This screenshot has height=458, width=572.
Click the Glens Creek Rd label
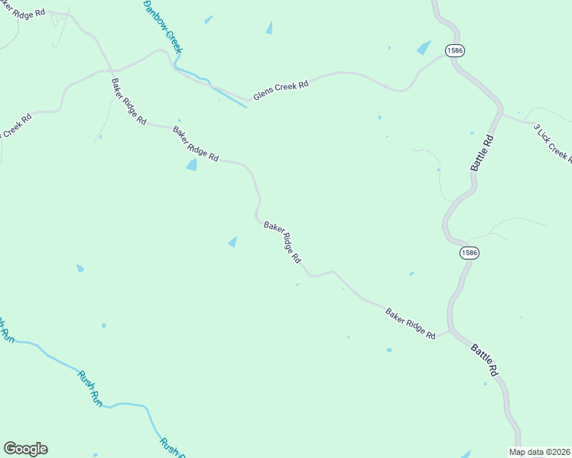coord(281,89)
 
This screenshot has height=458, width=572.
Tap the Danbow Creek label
coord(163,26)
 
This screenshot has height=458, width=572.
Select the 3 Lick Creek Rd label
coord(552,143)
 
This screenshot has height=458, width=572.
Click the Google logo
coord(25,449)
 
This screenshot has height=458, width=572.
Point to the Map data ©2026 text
coord(539,452)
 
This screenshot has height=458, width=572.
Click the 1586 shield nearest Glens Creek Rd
coord(455,50)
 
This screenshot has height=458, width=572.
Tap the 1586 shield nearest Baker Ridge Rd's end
coord(470,253)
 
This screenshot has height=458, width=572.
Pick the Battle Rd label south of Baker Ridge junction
coord(485,359)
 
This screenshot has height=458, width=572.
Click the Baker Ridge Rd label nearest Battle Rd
coord(410,324)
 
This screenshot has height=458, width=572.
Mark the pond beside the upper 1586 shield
coord(424,47)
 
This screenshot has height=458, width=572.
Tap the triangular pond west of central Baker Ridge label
coord(232,242)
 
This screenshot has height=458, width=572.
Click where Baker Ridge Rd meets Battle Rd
coord(451,331)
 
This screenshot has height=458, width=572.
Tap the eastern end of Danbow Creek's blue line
coord(245,106)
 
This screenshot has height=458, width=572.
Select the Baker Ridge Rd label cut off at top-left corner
coord(25,15)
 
